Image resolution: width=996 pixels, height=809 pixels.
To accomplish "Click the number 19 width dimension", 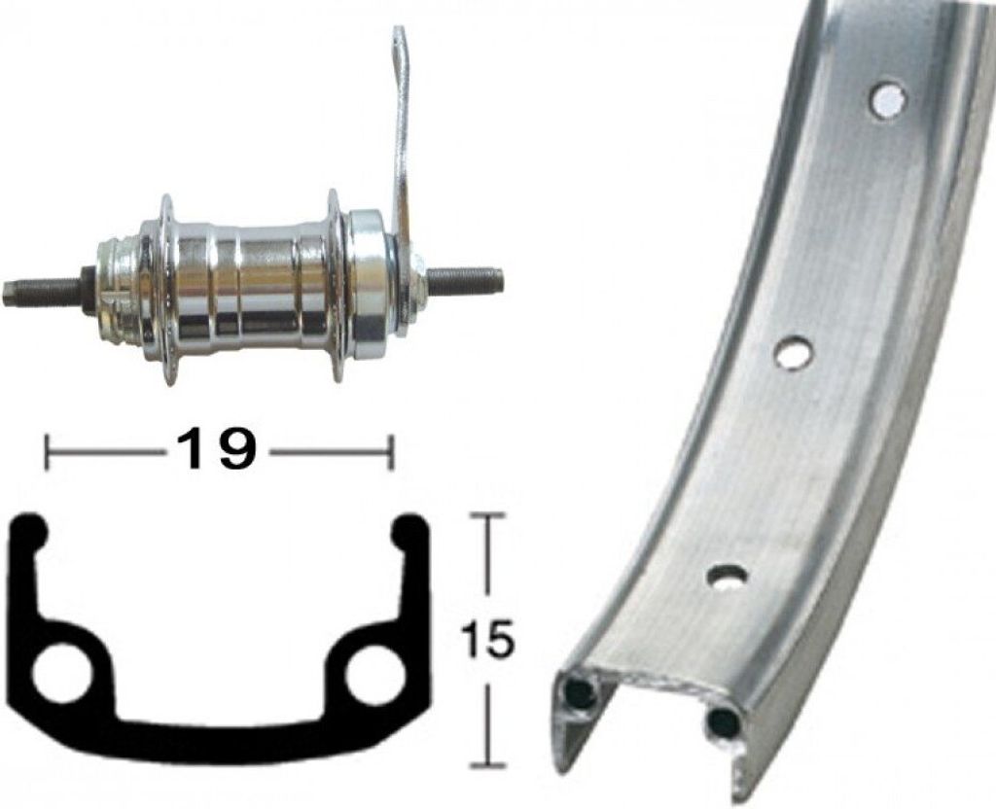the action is click(x=213, y=447).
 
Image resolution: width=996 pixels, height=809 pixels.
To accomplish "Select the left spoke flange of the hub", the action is click(x=167, y=288).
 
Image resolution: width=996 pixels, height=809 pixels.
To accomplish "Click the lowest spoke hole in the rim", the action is click(x=728, y=577).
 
